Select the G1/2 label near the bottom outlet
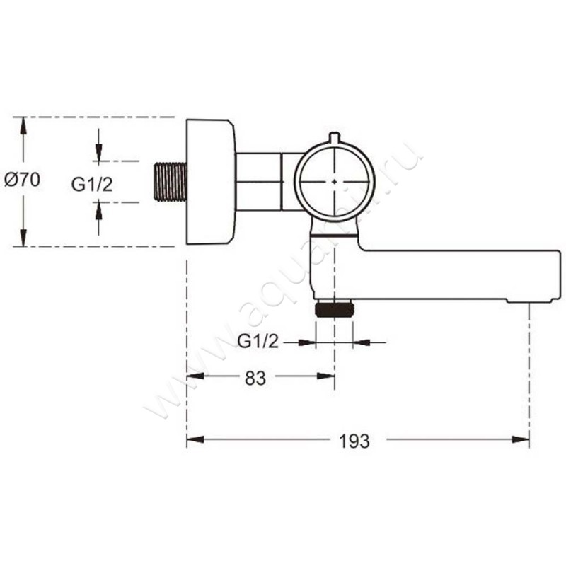point(258,343)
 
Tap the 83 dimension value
point(255,378)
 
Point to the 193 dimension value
point(354,441)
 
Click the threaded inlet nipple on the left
point(170,182)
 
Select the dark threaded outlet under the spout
point(335,309)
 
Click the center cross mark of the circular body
point(335,181)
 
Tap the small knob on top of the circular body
point(335,138)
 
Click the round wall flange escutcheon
point(209,181)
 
